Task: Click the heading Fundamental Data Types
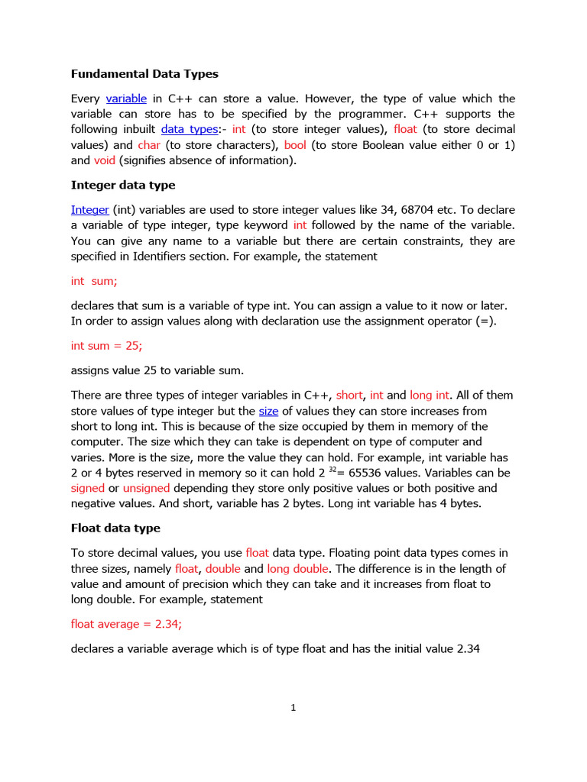click(144, 74)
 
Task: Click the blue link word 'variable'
click(126, 99)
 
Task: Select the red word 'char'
click(149, 145)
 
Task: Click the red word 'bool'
click(295, 145)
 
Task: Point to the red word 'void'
click(104, 160)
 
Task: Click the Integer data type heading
click(123, 185)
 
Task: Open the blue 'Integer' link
click(90, 210)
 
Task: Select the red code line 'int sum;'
click(94, 281)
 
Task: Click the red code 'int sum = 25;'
click(106, 346)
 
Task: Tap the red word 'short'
click(349, 396)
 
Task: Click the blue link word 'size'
click(268, 411)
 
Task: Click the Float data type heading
click(115, 528)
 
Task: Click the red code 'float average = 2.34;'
click(126, 624)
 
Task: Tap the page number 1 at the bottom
click(293, 708)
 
